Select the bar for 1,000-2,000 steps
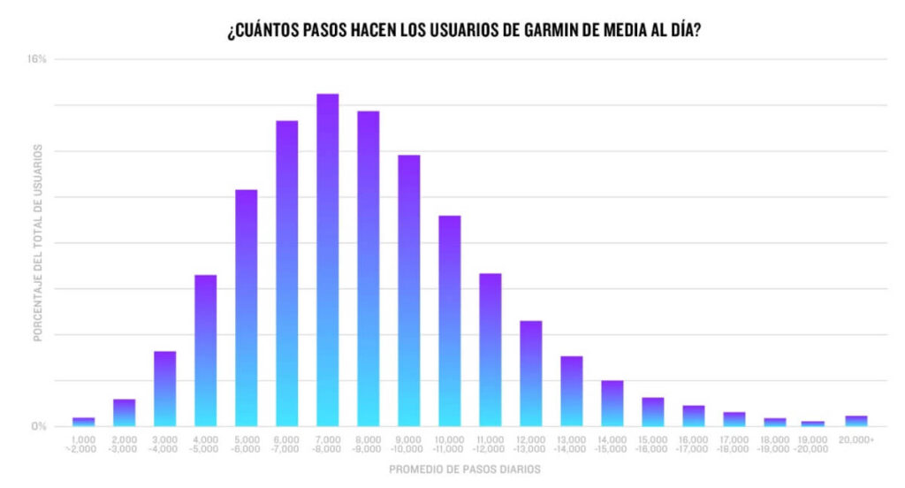(84, 422)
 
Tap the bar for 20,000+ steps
(856, 421)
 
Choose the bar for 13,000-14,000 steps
(572, 391)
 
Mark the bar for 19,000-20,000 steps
(812, 423)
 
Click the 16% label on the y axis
(37, 59)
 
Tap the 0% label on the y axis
(39, 426)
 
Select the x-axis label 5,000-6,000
(247, 444)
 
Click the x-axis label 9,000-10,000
(409, 444)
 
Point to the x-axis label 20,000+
(856, 439)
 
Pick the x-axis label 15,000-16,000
(653, 444)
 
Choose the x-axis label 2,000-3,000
(125, 444)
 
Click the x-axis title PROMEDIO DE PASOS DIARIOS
(465, 469)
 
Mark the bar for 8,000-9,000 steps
(369, 269)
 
